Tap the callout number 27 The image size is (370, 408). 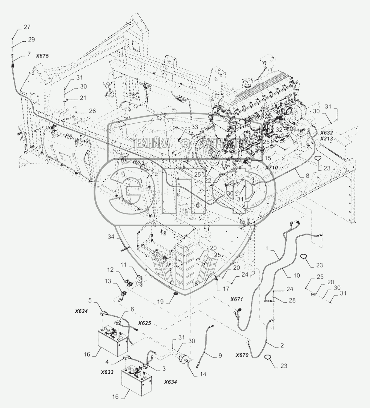[27, 27]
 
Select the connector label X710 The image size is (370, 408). [271, 168]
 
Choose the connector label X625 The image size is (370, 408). [144, 323]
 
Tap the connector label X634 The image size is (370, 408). [170, 382]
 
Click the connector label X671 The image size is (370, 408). [236, 299]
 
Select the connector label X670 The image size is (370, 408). [242, 355]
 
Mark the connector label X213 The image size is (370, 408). [326, 138]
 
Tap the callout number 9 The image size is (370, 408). [220, 355]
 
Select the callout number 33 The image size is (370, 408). [194, 127]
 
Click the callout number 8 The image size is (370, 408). [307, 176]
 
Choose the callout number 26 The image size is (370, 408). [92, 111]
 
